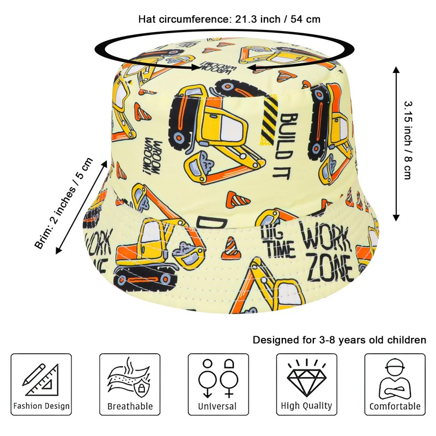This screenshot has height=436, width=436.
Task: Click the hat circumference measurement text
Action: [x=229, y=19]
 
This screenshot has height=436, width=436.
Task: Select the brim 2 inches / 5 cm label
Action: [x=64, y=203]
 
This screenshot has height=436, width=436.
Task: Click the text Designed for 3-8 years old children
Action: [x=339, y=340]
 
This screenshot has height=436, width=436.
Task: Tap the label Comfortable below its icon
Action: [x=395, y=406]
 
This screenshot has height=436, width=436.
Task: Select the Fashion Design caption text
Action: [x=41, y=406]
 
